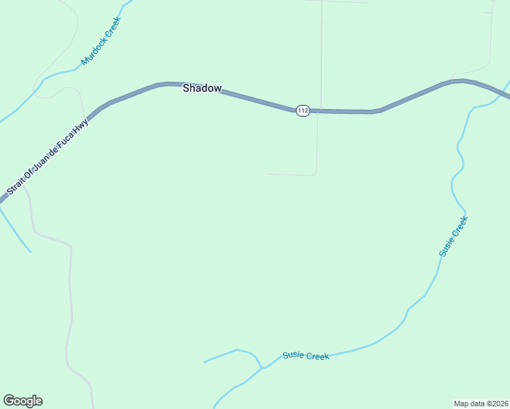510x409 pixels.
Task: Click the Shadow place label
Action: pyautogui.click(x=202, y=89)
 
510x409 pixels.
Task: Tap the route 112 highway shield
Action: pyautogui.click(x=303, y=110)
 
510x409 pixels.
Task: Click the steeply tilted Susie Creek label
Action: pyautogui.click(x=453, y=237)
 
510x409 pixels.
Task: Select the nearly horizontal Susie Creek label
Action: pyautogui.click(x=305, y=356)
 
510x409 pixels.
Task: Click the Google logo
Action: pyautogui.click(x=22, y=401)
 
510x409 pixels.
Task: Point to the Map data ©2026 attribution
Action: pyautogui.click(x=481, y=404)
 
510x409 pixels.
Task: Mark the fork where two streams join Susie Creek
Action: pyautogui.click(x=261, y=368)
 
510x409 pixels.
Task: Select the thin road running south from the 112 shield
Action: pyautogui.click(x=318, y=143)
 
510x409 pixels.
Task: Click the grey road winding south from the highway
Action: pyautogui.click(x=70, y=286)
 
